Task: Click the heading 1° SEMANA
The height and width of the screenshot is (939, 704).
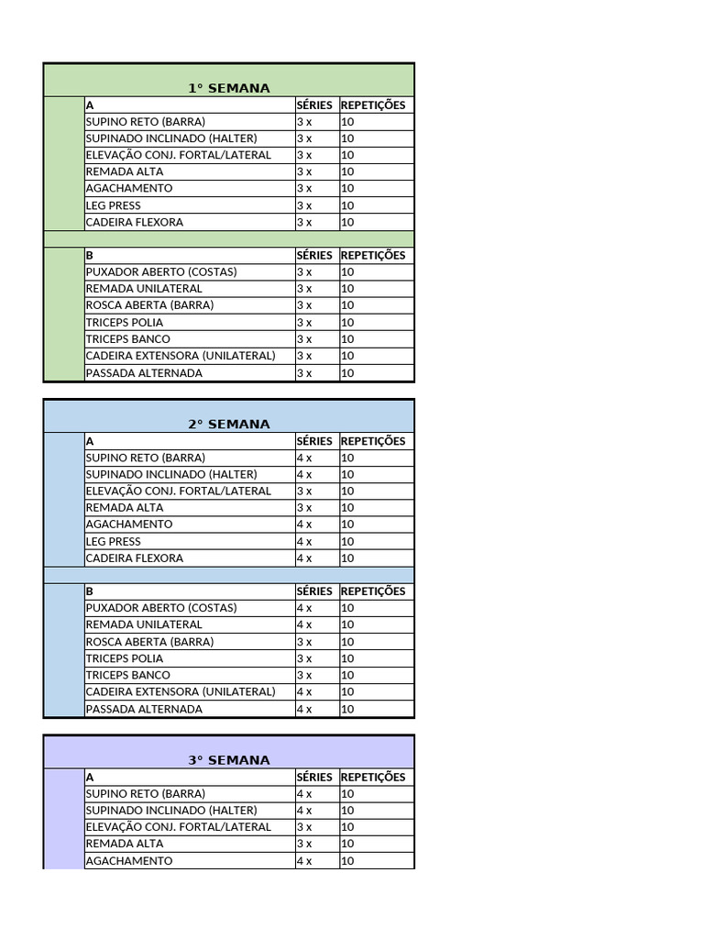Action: click(x=229, y=88)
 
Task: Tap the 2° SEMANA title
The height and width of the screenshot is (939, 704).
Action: click(x=229, y=425)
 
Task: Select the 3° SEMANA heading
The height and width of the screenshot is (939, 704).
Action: click(x=229, y=760)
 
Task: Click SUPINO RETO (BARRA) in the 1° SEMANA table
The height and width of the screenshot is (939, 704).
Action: click(x=145, y=122)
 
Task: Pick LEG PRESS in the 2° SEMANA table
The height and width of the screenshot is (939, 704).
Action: click(x=113, y=541)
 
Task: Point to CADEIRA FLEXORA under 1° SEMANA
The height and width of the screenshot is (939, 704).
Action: click(x=134, y=222)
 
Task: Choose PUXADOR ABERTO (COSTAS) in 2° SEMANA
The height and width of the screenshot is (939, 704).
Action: click(x=160, y=608)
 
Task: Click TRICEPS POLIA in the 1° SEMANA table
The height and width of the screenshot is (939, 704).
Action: click(x=124, y=322)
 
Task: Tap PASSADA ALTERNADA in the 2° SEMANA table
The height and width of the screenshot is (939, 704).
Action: click(x=144, y=709)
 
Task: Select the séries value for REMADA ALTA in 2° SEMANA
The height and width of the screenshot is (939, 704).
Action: click(x=304, y=508)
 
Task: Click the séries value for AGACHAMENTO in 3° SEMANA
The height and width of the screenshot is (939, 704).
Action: click(x=304, y=861)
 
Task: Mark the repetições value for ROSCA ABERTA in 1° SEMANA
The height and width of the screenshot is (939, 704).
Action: click(x=347, y=305)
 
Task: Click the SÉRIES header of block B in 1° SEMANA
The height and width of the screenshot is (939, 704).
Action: click(x=314, y=256)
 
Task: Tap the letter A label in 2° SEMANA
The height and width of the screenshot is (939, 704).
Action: click(x=90, y=441)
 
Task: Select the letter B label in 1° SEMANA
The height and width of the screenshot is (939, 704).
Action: click(x=90, y=256)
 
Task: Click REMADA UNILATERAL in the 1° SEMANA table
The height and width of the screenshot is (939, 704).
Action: click(x=144, y=289)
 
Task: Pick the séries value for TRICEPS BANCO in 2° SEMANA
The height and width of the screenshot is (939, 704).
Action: click(x=304, y=675)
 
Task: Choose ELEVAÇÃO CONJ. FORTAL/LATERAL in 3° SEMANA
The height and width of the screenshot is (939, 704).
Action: click(x=178, y=827)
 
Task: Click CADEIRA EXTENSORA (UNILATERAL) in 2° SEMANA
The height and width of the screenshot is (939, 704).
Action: click(x=180, y=691)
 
